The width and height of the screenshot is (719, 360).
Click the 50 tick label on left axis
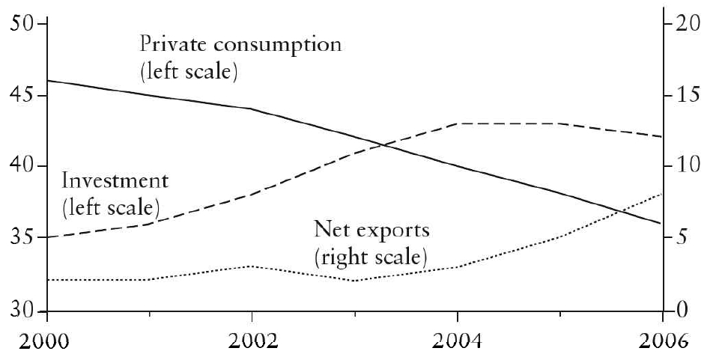tap(24, 24)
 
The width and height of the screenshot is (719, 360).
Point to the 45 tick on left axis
tap(24, 96)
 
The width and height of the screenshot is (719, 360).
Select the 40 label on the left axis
tap(24, 166)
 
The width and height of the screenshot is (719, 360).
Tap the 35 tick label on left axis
tap(24, 239)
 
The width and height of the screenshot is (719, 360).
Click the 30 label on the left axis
tap(24, 310)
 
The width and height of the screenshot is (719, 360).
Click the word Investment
tap(115, 181)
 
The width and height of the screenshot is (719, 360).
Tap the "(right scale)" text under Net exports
tap(370, 258)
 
